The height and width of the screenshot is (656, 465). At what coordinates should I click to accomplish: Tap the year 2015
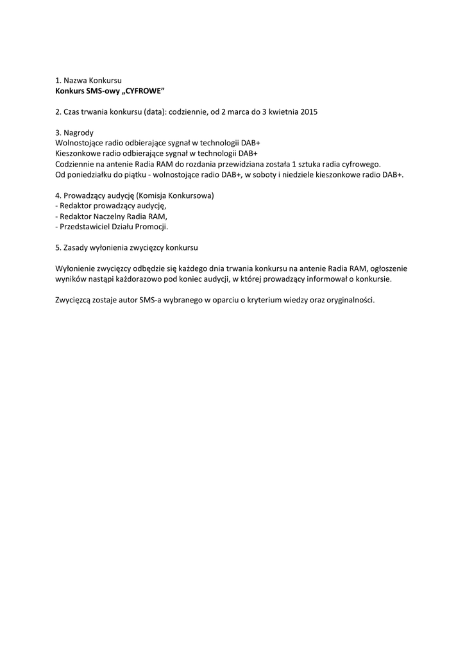tap(309, 111)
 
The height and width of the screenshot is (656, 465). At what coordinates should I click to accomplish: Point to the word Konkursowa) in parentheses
tap(190, 195)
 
